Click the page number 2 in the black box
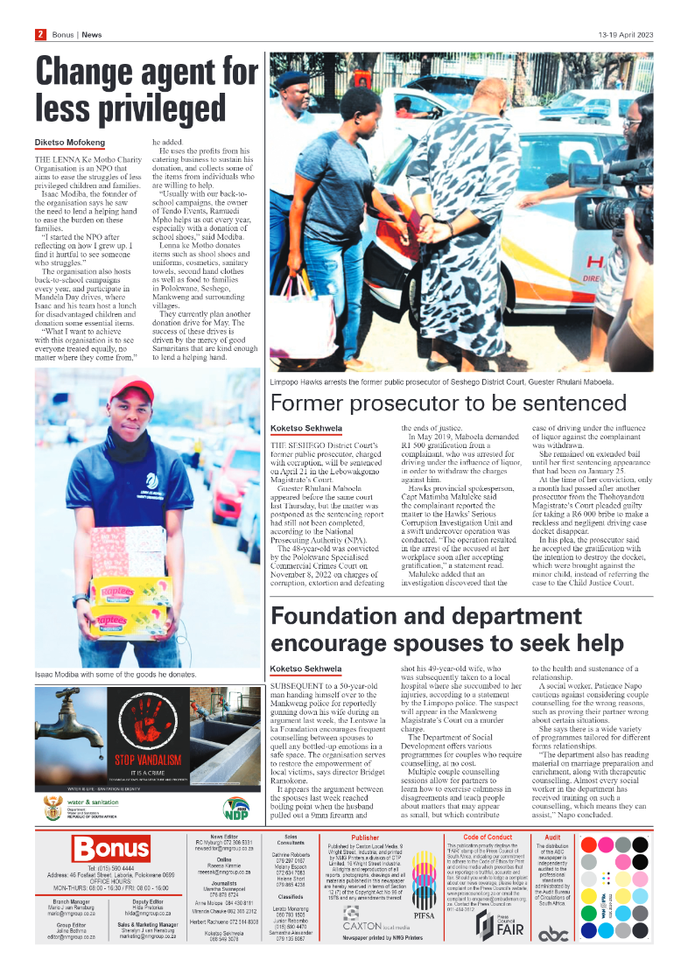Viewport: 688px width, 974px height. pos(40,35)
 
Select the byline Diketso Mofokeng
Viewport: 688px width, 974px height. pos(70,142)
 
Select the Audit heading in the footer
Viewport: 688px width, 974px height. pos(552,837)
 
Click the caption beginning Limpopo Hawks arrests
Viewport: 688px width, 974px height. pos(442,382)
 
